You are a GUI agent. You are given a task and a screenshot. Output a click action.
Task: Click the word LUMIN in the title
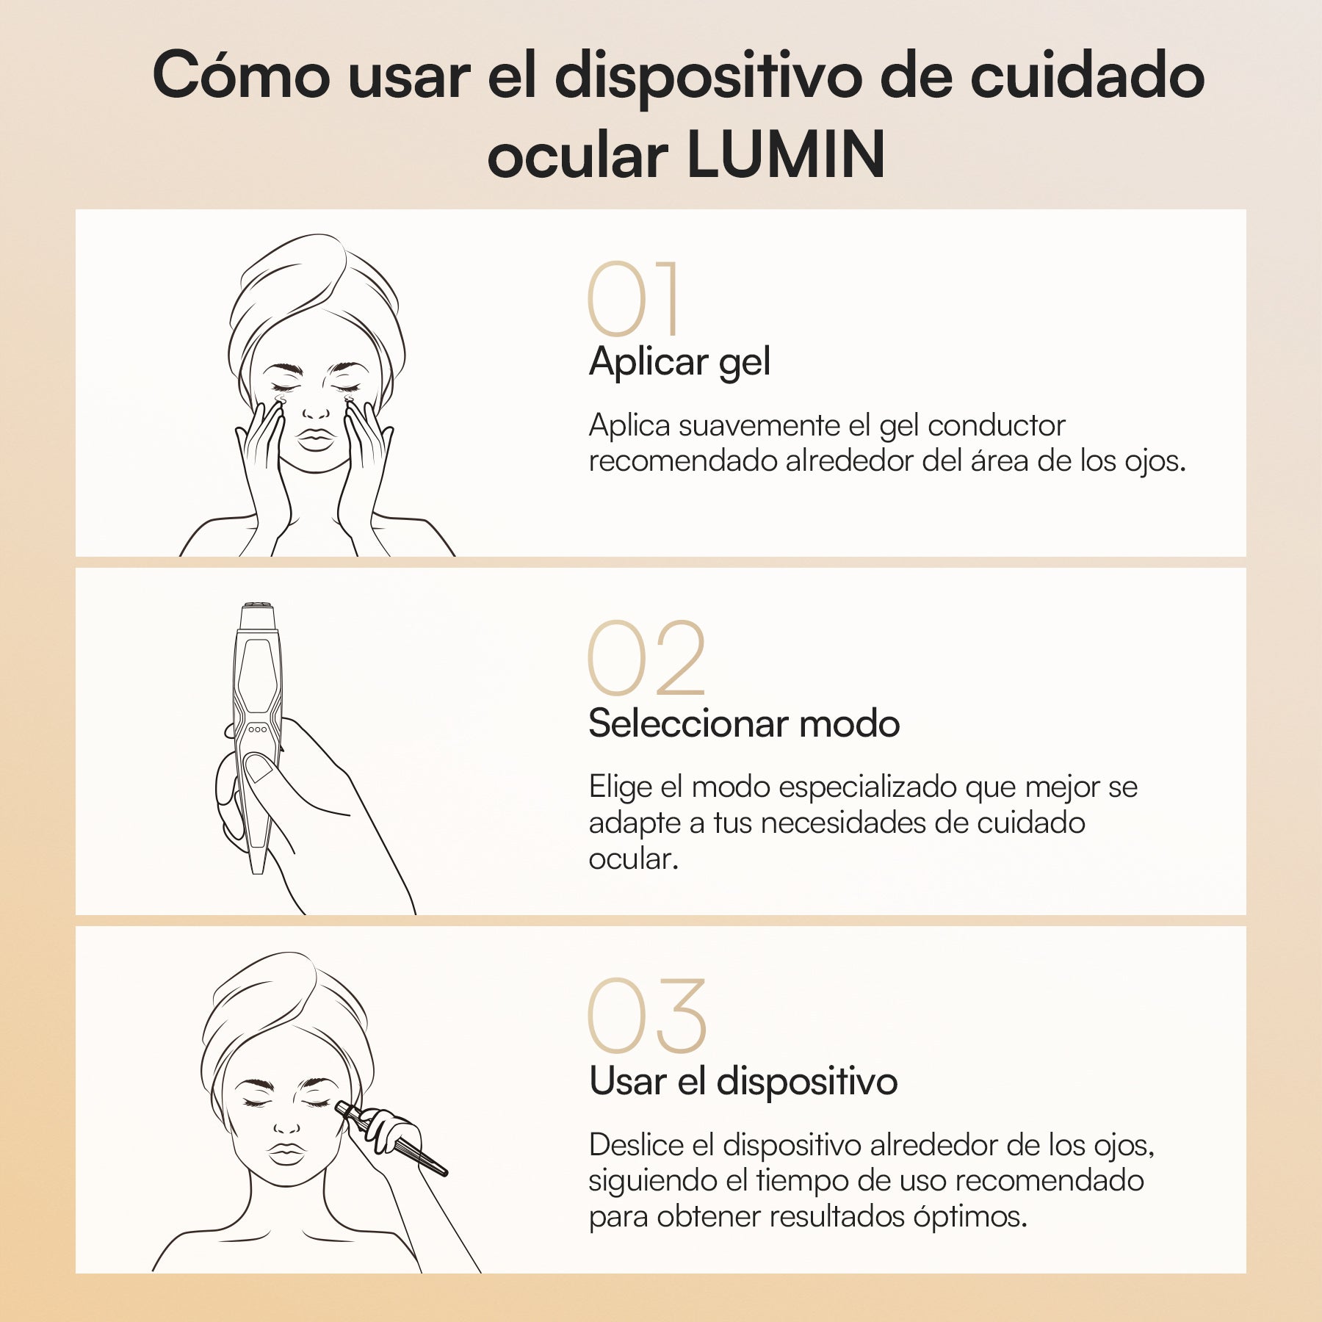(787, 155)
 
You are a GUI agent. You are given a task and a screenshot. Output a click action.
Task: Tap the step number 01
(633, 299)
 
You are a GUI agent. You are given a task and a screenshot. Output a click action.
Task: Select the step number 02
(646, 658)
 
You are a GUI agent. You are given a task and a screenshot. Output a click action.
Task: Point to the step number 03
(646, 1016)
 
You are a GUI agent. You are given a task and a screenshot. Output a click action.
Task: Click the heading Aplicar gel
(679, 362)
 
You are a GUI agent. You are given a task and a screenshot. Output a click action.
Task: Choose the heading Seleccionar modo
(743, 723)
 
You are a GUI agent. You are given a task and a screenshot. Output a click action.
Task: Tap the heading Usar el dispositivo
(743, 1082)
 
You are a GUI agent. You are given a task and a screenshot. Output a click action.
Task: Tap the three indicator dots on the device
(257, 729)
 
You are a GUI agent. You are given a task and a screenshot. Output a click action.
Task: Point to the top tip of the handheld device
(257, 608)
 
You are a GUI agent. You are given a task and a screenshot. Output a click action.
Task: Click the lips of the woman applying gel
(316, 439)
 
